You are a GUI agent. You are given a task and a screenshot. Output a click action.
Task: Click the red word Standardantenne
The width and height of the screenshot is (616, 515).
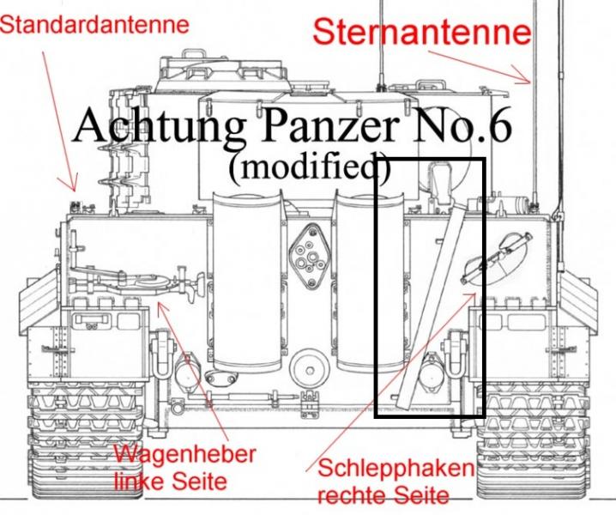pos(94,25)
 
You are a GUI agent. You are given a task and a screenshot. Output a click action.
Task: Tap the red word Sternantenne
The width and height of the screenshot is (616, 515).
pos(422,32)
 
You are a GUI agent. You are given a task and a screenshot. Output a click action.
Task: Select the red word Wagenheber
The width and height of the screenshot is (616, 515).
pos(184,455)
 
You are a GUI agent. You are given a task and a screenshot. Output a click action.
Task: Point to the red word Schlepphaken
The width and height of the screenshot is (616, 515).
pos(396,469)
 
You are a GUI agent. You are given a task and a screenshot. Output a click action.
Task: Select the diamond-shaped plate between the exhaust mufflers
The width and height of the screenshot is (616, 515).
pos(309,256)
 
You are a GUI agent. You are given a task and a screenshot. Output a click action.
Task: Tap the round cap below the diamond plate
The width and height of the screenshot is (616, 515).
pos(310,370)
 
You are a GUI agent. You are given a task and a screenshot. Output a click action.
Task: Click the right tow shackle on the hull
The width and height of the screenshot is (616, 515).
pos(456,354)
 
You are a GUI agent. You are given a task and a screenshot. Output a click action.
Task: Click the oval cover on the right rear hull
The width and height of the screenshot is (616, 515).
pos(497,257)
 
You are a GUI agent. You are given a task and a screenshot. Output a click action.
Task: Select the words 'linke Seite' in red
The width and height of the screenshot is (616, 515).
pos(172,481)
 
